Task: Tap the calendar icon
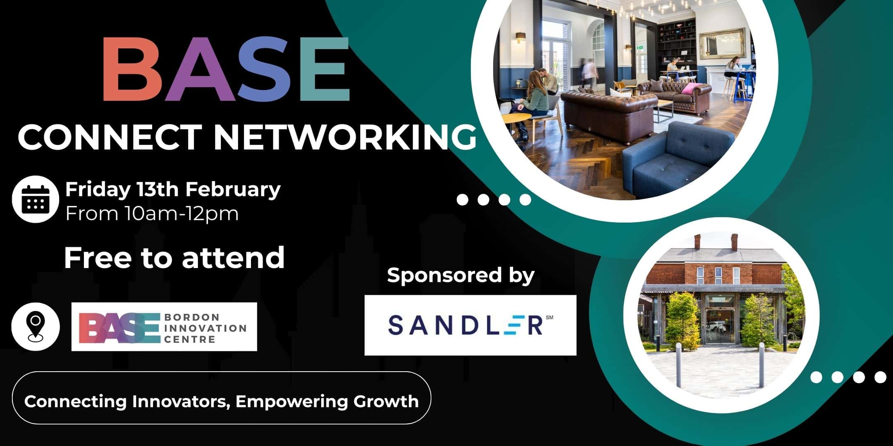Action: [35, 199]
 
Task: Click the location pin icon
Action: [36, 327]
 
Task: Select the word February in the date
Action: [233, 190]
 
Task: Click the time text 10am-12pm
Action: [182, 214]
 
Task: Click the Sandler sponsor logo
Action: [470, 325]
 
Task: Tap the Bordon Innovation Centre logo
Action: [164, 327]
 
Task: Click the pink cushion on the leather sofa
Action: [691, 88]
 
